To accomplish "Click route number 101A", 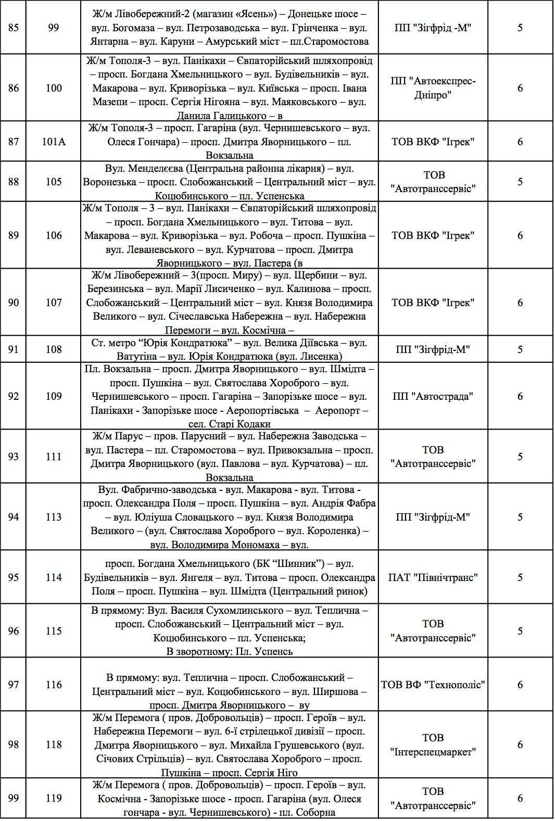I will [x=54, y=142].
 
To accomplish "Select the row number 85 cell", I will [x=14, y=27].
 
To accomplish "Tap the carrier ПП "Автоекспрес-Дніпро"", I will [x=433, y=88].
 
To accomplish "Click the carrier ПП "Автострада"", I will [x=433, y=396].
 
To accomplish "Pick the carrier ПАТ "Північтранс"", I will [x=433, y=577].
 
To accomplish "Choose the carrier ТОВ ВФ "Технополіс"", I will [x=433, y=685].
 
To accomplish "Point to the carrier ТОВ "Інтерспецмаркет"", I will [x=433, y=744].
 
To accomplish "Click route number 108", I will [x=54, y=349].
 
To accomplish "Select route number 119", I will [x=54, y=798].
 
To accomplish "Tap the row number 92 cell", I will [x=14, y=396].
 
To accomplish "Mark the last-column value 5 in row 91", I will [x=520, y=349].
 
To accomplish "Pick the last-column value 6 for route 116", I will [x=520, y=685].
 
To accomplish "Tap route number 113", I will [x=54, y=517].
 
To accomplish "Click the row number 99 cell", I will [x=14, y=798].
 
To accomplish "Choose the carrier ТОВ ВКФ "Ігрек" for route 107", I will [x=433, y=302].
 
